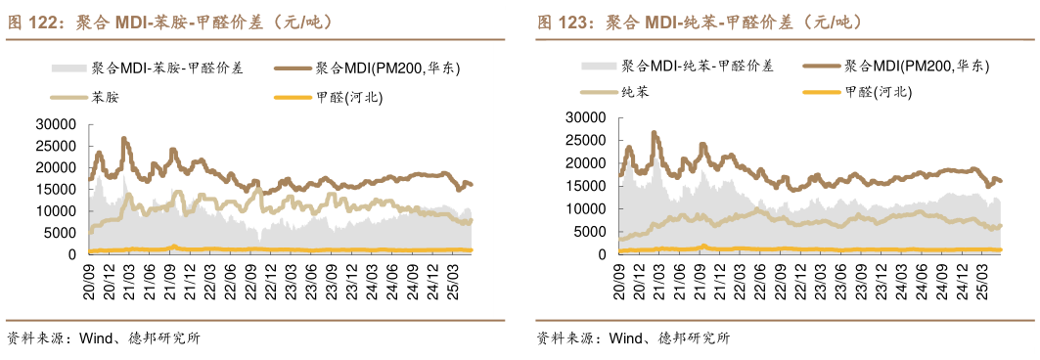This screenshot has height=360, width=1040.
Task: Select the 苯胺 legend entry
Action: pyautogui.click(x=105, y=98)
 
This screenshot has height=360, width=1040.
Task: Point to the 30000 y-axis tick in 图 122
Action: pyautogui.click(x=55, y=124)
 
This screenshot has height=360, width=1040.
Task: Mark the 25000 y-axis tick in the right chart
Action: pyautogui.click(x=584, y=140)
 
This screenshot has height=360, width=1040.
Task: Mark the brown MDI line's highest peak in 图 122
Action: pyautogui.click(x=123, y=139)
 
